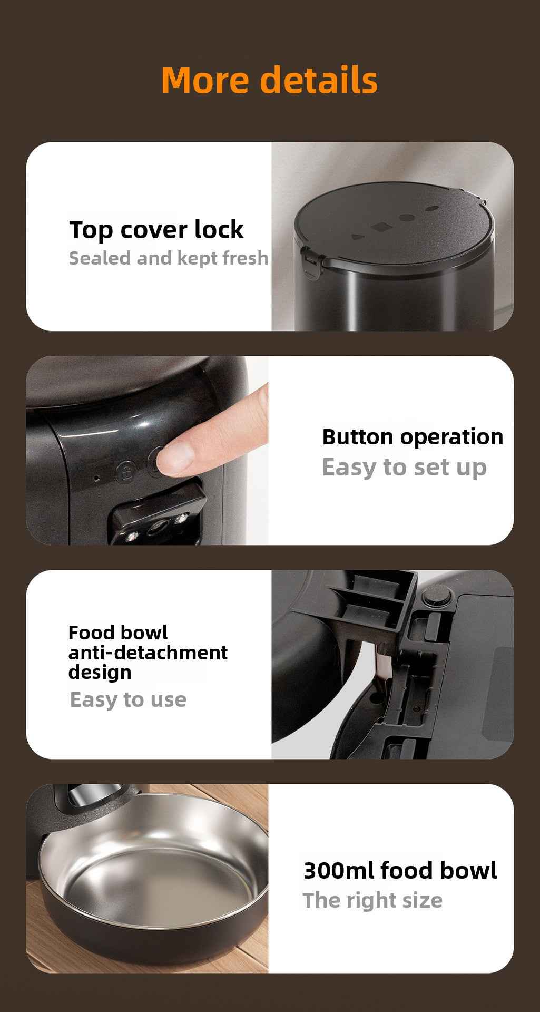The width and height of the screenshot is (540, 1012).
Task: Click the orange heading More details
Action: coord(269,80)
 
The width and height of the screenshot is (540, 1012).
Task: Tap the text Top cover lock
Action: coord(156,230)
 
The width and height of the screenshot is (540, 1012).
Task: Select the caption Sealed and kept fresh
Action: coord(169,258)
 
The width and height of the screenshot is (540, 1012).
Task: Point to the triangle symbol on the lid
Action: coord(358,238)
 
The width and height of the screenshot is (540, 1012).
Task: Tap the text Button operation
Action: coord(413,437)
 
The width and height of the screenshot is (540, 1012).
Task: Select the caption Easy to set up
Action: coord(404,468)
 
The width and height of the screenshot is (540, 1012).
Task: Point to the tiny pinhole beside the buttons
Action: coord(96,479)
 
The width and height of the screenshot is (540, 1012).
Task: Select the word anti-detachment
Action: coord(148,653)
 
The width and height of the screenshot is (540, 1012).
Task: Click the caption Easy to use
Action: coord(128,700)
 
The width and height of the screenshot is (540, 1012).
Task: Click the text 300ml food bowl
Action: coord(400,870)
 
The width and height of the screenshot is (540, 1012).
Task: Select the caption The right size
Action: coord(372,901)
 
